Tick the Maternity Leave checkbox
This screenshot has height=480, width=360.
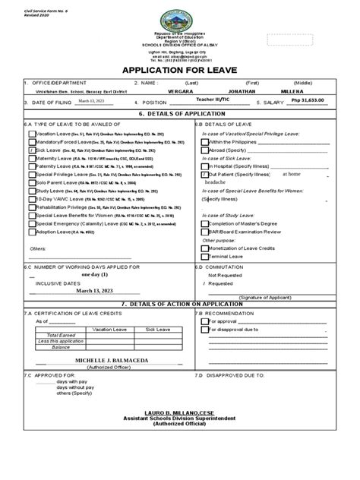coord(32,159)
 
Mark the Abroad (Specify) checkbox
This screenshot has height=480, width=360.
coord(204,150)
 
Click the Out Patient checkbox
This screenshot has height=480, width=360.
coord(204,174)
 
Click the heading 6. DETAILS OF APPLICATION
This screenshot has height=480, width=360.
coord(180,112)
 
